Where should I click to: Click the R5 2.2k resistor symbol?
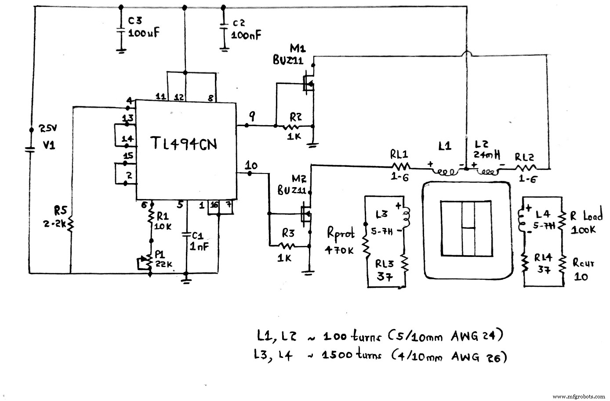(70, 224)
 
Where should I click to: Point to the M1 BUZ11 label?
(289, 54)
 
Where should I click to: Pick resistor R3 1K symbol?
(288, 245)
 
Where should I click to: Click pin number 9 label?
(252, 116)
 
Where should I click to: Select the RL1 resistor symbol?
(400, 166)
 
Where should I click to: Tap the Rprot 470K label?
(339, 241)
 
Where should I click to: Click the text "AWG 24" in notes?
(476, 337)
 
